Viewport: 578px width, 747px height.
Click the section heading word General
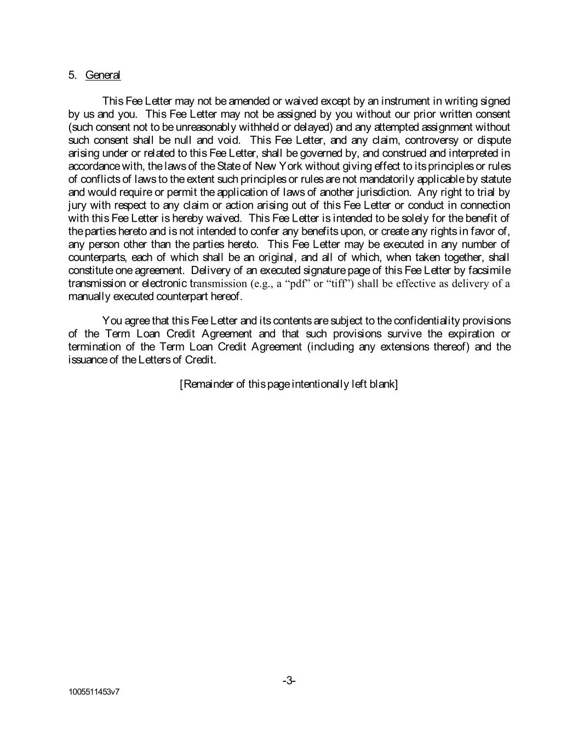point(103,75)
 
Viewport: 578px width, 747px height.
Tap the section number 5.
point(72,75)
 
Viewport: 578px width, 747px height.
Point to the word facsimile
point(489,270)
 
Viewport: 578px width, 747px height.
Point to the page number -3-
point(289,681)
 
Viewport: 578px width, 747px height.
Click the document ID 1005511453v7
point(94,692)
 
